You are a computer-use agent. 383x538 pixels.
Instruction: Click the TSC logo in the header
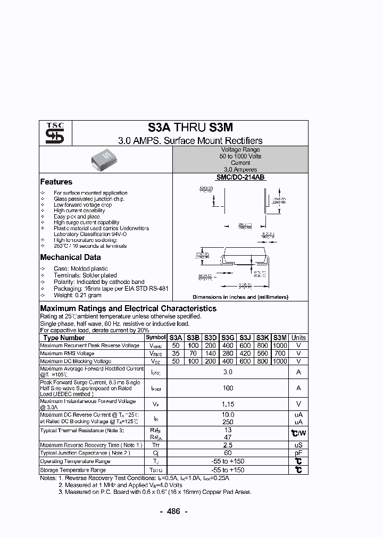(55, 133)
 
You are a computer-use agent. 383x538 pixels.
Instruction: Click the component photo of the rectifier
(105, 158)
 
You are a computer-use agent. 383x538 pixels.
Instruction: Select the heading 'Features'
(56, 182)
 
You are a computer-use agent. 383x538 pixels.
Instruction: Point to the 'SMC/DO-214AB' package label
(240, 178)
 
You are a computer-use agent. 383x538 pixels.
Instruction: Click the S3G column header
(228, 338)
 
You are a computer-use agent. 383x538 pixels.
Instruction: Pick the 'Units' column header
(298, 338)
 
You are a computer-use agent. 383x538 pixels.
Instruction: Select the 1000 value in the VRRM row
(280, 346)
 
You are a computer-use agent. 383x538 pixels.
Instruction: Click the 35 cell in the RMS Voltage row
(176, 354)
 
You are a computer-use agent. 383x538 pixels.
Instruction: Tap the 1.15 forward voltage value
(228, 404)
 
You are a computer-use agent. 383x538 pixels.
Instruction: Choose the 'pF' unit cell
(298, 453)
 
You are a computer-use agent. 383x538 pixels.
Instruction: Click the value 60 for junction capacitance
(228, 453)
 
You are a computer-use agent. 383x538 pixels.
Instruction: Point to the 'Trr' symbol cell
(156, 445)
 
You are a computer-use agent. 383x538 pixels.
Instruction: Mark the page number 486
(174, 511)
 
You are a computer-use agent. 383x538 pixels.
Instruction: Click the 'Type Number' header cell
(64, 338)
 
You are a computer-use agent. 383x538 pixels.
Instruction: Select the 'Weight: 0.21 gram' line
(77, 295)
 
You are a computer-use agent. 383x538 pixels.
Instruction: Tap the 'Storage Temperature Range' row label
(73, 470)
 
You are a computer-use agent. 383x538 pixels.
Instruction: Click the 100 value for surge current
(228, 388)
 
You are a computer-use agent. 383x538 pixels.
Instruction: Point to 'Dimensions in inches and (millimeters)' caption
(240, 297)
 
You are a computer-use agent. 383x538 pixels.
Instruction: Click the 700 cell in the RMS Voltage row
(280, 354)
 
